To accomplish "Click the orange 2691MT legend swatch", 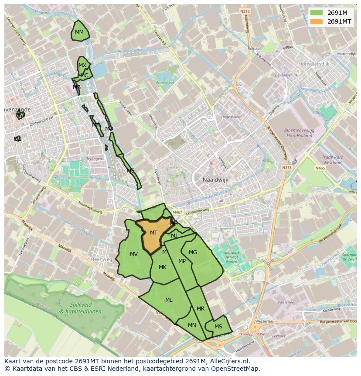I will pos(317,21).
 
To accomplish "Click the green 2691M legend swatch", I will pos(317,13).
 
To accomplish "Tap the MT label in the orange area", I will pos(153,233).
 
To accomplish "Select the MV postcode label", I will pos(134,254).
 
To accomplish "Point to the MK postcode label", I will pos(163,267).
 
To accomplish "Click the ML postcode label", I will pos(169,300).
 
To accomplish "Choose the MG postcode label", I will pos(193,252).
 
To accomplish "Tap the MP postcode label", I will pos(182,261).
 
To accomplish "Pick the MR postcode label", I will pos(201,309).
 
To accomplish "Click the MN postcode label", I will pos(192,325).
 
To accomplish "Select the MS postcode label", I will pos(218,327).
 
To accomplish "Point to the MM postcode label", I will pos(79,32).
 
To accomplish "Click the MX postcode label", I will pos(82,66).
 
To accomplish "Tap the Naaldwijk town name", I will pos(215,179).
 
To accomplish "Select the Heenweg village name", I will pos(101,259).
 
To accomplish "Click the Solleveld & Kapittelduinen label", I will pos(80,308).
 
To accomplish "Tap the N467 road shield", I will pos(177,212).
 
